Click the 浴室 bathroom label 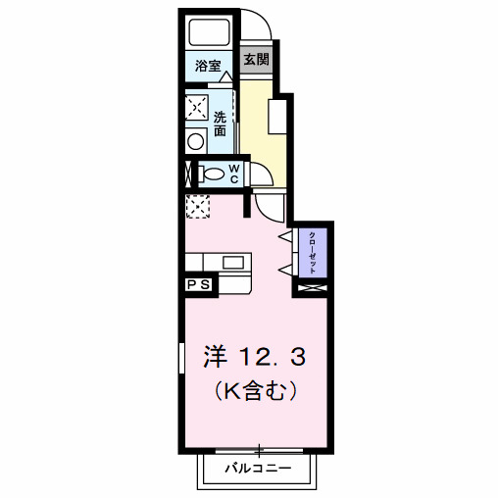tap(208, 67)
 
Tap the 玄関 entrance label tap(256, 59)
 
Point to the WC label tap(235, 174)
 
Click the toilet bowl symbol tap(211, 174)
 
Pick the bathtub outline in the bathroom tap(209, 33)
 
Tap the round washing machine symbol tap(196, 141)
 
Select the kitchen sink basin tap(233, 262)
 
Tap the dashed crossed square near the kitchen tap(199, 207)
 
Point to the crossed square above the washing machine tap(197, 106)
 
